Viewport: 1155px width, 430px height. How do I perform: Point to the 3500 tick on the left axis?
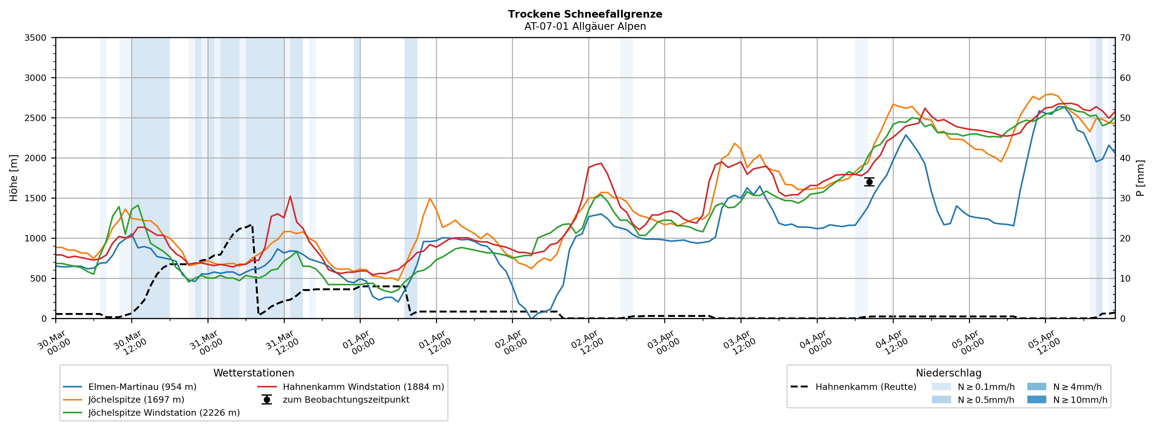click(36, 38)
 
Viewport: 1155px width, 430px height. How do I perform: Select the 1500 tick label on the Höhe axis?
click(36, 198)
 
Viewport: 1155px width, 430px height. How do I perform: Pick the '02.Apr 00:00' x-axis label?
click(510, 343)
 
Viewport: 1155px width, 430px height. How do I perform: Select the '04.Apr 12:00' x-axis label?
click(891, 343)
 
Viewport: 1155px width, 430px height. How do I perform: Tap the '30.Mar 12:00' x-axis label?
click(129, 343)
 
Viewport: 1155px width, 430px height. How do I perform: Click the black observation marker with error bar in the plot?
click(869, 182)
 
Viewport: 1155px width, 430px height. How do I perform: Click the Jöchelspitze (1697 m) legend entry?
click(136, 400)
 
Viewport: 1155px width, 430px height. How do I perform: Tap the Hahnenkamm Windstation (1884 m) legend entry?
click(363, 387)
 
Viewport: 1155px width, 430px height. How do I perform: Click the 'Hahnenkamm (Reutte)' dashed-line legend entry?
click(865, 387)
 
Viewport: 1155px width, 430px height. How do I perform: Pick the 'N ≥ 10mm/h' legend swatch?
click(1036, 400)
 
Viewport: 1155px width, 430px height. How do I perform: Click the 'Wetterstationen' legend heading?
click(253, 373)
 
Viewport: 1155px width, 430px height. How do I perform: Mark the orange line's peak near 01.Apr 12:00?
click(430, 198)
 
